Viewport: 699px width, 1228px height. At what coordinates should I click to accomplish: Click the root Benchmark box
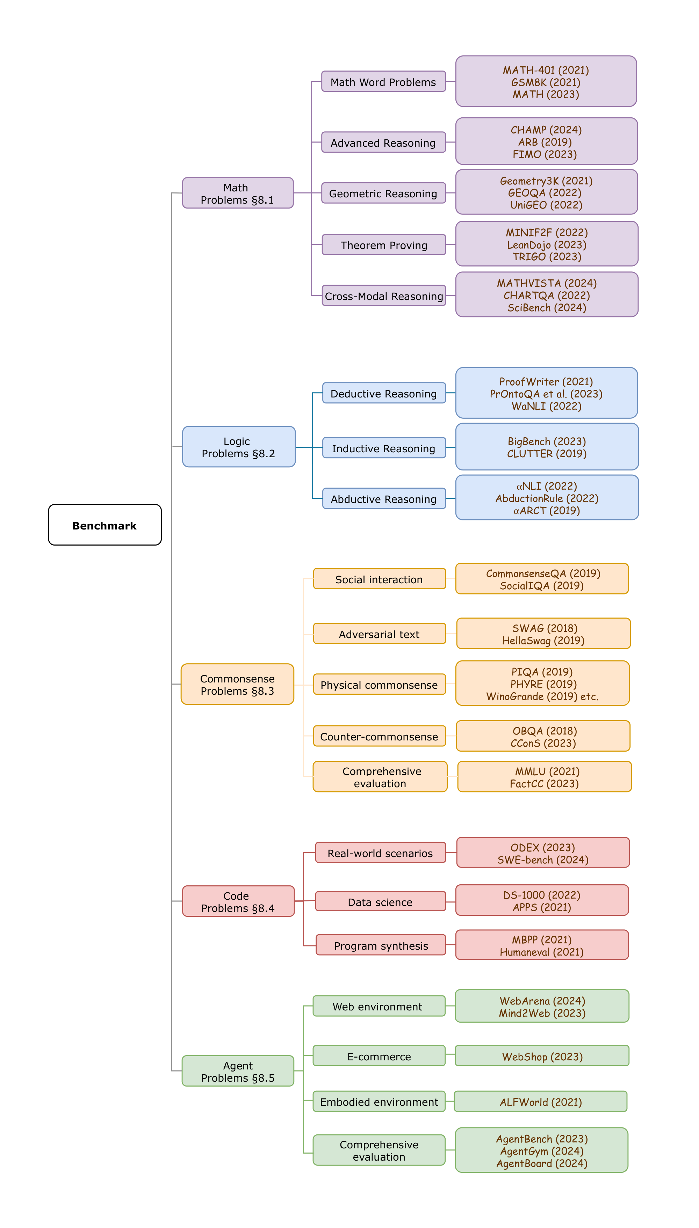tap(105, 525)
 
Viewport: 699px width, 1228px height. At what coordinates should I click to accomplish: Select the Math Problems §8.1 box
tap(238, 193)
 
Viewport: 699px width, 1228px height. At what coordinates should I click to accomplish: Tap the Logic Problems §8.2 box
tap(239, 447)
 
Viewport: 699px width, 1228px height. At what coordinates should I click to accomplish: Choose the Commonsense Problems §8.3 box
tap(237, 684)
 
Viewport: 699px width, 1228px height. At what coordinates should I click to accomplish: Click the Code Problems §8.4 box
tap(238, 901)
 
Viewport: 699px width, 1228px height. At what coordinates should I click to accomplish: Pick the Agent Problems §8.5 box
tap(238, 1071)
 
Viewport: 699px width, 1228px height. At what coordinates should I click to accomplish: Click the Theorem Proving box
tap(384, 245)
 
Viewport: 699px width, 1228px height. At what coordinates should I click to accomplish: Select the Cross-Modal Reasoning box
tap(384, 296)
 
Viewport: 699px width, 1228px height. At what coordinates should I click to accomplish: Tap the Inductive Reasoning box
tap(384, 448)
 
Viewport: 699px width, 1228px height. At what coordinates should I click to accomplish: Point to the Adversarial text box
tap(379, 634)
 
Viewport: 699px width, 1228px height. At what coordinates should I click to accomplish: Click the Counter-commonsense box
tap(379, 736)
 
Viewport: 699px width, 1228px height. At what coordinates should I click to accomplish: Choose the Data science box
tap(380, 902)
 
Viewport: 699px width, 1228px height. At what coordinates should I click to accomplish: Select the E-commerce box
tap(379, 1056)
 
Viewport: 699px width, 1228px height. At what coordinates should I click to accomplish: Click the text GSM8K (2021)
tap(546, 82)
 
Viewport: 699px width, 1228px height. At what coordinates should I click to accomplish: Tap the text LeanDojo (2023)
tap(547, 244)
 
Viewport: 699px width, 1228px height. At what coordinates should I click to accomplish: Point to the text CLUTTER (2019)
tap(547, 453)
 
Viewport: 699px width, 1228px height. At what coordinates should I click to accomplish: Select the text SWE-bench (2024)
tap(543, 860)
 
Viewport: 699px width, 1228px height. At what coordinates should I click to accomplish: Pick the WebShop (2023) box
tap(542, 1056)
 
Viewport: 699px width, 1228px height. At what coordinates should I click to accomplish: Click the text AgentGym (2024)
tap(542, 1151)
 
